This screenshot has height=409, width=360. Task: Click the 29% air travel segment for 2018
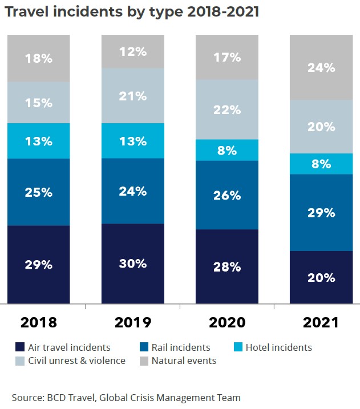pyautogui.click(x=39, y=265)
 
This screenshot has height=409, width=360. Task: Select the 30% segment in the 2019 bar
pyautogui.click(x=133, y=264)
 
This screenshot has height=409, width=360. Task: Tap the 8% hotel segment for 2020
pyautogui.click(x=227, y=150)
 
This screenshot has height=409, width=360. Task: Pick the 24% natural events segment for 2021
pyautogui.click(x=321, y=67)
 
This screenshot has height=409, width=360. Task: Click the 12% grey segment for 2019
pyautogui.click(x=133, y=51)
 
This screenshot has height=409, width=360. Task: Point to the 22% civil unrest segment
pyautogui.click(x=227, y=110)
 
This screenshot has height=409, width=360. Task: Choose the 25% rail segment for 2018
pyautogui.click(x=39, y=192)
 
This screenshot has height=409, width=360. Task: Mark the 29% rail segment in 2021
pyautogui.click(x=321, y=213)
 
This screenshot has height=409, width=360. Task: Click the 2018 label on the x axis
pyautogui.click(x=39, y=322)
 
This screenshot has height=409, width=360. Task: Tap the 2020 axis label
pyautogui.click(x=227, y=322)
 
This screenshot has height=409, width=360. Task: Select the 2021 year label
pyautogui.click(x=321, y=322)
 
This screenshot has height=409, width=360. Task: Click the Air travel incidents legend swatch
pyautogui.click(x=20, y=347)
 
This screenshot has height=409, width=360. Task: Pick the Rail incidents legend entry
pyautogui.click(x=175, y=347)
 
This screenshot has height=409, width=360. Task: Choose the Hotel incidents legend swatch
pyautogui.click(x=238, y=347)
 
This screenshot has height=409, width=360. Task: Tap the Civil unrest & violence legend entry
pyautogui.click(x=70, y=361)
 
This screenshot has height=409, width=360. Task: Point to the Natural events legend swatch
pyautogui.click(x=144, y=361)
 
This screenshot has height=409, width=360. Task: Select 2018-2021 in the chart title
pyautogui.click(x=223, y=11)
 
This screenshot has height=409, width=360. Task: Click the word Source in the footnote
pyautogui.click(x=27, y=398)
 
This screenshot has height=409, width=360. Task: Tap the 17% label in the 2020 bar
pyautogui.click(x=227, y=58)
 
